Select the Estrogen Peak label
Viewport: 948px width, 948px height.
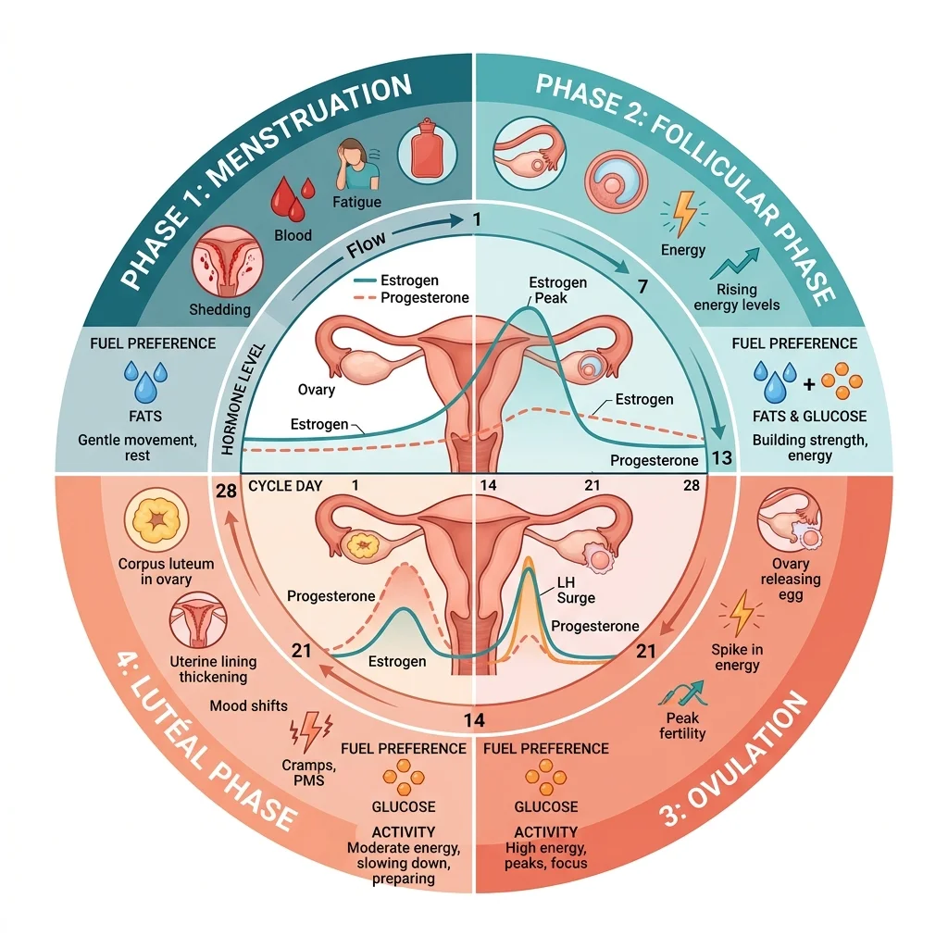click(556, 290)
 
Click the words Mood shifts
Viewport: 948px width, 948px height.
click(248, 705)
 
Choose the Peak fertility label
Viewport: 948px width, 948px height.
click(682, 726)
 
